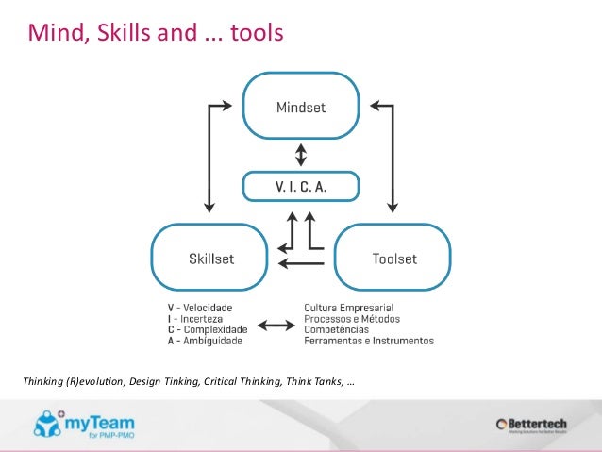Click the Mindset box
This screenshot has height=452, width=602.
pyautogui.click(x=300, y=107)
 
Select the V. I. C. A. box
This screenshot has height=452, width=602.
pyautogui.click(x=300, y=186)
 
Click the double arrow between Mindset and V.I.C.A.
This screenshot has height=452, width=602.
pyautogui.click(x=300, y=154)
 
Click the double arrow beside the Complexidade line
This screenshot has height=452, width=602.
pyautogui.click(x=276, y=326)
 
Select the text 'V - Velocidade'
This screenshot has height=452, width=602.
pyautogui.click(x=201, y=308)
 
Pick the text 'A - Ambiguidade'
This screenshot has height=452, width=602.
pyautogui.click(x=205, y=341)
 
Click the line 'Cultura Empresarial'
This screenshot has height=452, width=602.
pyautogui.click(x=348, y=308)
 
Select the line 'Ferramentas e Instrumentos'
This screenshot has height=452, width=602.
pyautogui.click(x=369, y=341)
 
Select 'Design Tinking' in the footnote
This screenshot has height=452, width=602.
pyautogui.click(x=163, y=382)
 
